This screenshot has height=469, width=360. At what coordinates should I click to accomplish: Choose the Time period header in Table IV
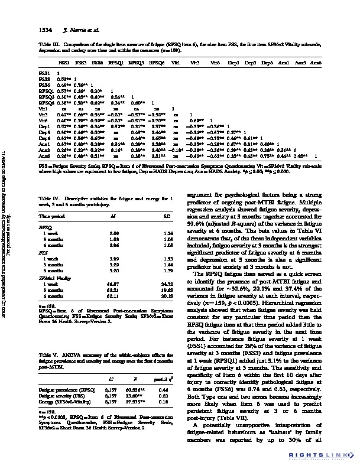[x=53, y=217]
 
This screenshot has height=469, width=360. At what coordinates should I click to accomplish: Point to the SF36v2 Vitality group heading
[x=53, y=277]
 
